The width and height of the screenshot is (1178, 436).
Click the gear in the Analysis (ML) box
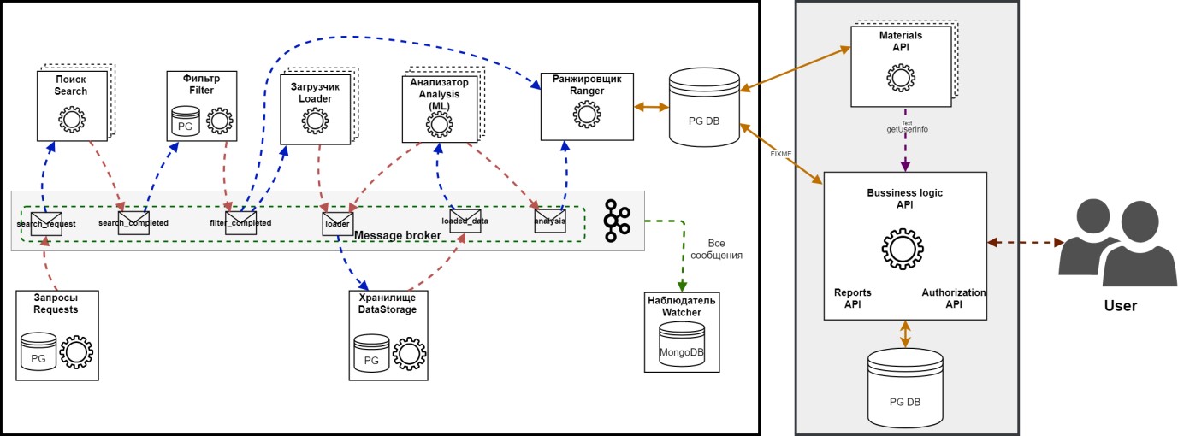[x=439, y=124]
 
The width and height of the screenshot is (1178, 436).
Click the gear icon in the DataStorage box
[x=409, y=354]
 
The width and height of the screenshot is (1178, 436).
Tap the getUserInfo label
[x=907, y=129]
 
